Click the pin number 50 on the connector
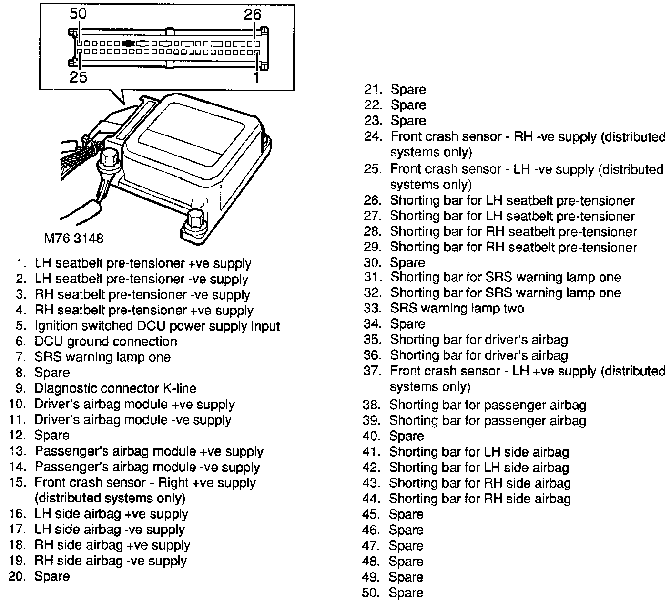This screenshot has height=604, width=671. (78, 14)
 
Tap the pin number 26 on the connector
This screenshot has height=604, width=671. (252, 14)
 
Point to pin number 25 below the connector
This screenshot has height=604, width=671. (79, 76)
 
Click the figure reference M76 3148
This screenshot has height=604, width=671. (73, 238)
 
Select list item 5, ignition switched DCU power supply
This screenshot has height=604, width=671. (157, 326)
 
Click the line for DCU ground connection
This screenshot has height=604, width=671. (105, 342)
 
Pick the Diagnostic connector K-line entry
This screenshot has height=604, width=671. (115, 388)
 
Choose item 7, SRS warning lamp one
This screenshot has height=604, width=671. (102, 357)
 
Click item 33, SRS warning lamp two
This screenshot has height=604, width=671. (457, 308)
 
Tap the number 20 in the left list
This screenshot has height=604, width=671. (17, 576)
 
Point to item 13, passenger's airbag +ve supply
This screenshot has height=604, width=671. (149, 451)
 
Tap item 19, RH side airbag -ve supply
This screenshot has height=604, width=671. (110, 561)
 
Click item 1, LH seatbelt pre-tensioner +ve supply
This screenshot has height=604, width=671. (142, 263)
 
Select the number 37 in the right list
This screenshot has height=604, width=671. (372, 371)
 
